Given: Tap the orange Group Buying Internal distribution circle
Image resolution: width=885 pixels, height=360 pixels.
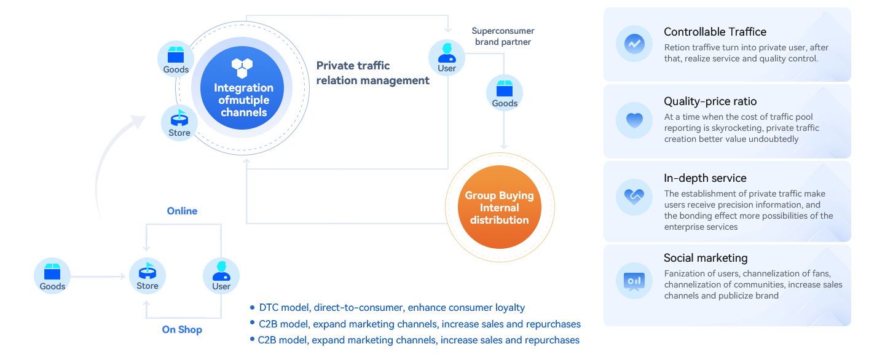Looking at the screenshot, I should point(499,207).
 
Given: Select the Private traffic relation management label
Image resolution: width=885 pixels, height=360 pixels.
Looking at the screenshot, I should point(372,73).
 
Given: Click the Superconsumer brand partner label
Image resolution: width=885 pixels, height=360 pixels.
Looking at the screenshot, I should point(503,36).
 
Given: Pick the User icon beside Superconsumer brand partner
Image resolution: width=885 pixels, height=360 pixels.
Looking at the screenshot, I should point(447,57).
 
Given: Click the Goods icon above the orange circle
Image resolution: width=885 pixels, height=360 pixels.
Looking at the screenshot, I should point(505,92).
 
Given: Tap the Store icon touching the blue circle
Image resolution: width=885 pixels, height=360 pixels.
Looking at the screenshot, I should point(179,122).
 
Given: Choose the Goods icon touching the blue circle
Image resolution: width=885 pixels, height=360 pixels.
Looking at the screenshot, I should point(176,59).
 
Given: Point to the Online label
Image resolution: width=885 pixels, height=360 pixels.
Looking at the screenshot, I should point(182,211).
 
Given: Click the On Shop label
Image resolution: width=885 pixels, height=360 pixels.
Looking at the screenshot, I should point(182,330).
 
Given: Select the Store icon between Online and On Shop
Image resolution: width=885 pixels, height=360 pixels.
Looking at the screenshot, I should point(147,275).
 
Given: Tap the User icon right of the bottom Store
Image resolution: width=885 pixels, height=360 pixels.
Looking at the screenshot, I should point(221,275).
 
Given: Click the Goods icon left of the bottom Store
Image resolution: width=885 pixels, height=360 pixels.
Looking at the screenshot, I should point(52,275).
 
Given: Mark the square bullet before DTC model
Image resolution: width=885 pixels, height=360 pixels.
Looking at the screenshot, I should point(253,307).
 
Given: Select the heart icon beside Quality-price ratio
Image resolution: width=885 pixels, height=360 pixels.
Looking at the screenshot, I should point(634,120).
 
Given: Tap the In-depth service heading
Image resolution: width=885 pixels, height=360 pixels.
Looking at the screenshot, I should point(705,178).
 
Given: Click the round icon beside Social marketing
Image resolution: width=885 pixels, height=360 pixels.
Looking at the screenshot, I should point(634,281).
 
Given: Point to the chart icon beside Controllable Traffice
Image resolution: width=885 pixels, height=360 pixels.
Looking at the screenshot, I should point(634,44).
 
